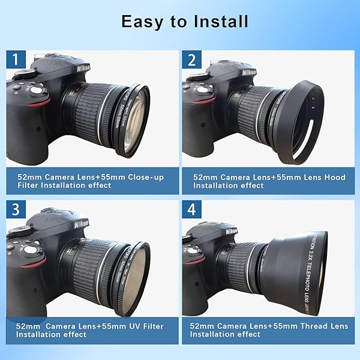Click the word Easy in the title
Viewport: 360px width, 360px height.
coord(142,22)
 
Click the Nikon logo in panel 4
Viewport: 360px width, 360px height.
coord(231,231)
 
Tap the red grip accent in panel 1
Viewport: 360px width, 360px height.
coord(39,103)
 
